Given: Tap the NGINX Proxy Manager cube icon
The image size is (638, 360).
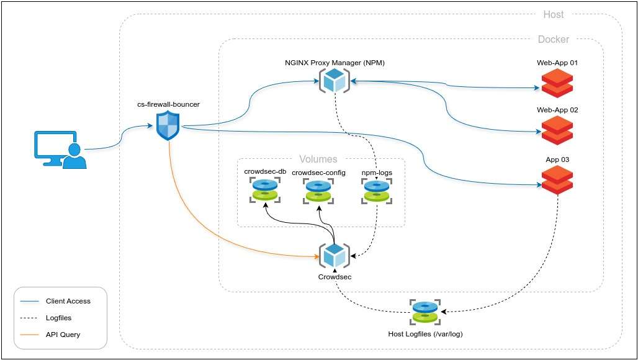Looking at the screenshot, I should tap(334, 80).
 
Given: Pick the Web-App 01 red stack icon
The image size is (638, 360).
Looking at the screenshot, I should tap(557, 83).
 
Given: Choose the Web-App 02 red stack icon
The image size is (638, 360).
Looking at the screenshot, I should tap(557, 130).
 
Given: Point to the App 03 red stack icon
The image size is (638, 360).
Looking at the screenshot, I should tap(557, 179).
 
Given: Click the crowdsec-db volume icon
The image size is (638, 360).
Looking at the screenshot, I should tap(265, 190).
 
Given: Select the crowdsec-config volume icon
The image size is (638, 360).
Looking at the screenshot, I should tap(318, 190).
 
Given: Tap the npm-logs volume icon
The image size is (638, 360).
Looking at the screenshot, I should tap(376, 190).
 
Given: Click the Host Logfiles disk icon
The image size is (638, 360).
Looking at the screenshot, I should tap(425, 312).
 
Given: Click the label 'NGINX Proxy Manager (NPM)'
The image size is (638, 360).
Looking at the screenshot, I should tap(336, 63).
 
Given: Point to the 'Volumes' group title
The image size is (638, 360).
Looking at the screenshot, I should tap(318, 160).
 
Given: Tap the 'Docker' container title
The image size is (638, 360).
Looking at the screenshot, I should tap(553, 40).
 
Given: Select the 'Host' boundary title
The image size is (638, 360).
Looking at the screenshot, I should tap(554, 14).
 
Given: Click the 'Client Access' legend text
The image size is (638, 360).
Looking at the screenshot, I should tap(68, 301).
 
